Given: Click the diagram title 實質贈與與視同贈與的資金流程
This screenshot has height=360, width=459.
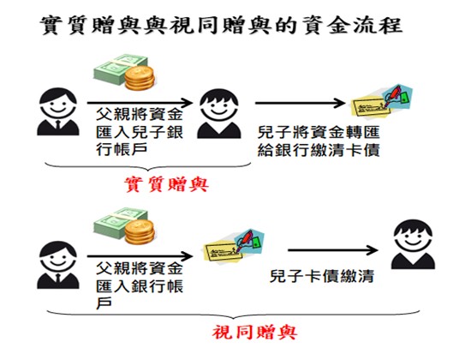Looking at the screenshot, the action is click(221, 25).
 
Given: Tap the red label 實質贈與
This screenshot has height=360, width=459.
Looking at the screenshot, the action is click(167, 184).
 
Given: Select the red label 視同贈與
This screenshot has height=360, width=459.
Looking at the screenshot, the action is click(255, 333).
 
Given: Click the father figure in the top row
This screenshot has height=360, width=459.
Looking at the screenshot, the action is click(58, 111).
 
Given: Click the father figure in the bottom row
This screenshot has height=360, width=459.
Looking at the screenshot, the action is click(58, 265).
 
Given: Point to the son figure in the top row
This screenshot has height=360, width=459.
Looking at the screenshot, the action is click(219, 114).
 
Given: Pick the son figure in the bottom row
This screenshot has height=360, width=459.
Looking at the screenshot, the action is click(413, 244).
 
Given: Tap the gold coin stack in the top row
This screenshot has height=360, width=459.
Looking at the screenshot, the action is click(140, 78).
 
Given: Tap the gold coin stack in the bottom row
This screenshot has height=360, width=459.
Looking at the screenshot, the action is click(140, 232).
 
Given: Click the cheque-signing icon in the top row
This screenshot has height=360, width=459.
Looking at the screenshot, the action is click(382, 101).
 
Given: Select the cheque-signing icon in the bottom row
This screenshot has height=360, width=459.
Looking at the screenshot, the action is click(234, 247).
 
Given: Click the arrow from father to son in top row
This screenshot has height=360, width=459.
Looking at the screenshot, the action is click(140, 103).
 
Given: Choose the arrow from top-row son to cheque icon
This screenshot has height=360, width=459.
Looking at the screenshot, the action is click(301, 103).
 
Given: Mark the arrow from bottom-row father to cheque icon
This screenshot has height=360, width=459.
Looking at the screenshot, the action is click(140, 256).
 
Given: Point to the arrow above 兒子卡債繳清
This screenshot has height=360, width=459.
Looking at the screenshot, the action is click(333, 250).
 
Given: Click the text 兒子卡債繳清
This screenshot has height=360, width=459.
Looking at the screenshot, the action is click(322, 276).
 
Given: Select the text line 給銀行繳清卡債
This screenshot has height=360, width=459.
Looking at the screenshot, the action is click(319, 150).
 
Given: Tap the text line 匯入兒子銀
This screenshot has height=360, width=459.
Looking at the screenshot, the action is click(140, 132).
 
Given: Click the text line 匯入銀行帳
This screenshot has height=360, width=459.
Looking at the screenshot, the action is click(140, 286).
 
